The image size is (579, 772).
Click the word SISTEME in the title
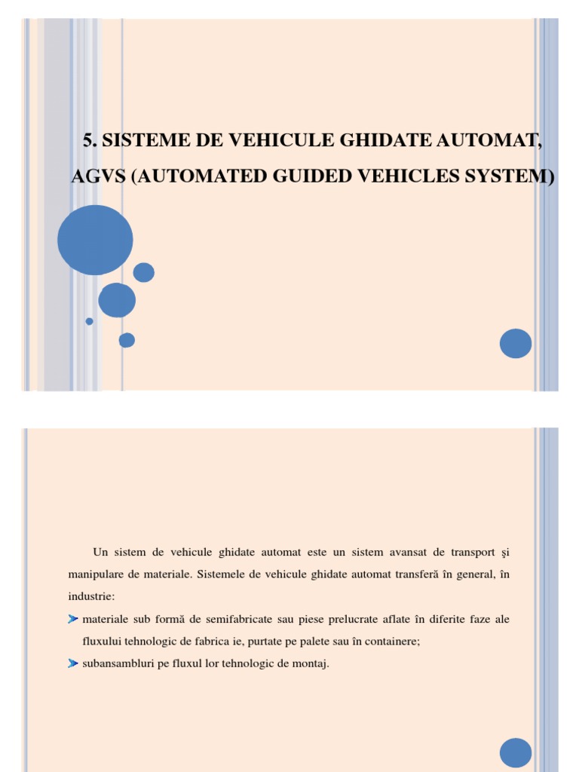pyautogui.click(x=142, y=139)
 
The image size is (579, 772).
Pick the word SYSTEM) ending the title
pyautogui.click(x=514, y=176)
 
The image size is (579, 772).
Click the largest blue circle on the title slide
pyautogui.click(x=95, y=240)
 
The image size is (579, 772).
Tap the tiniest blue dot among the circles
pyautogui.click(x=89, y=321)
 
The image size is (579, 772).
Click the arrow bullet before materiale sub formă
pyautogui.click(x=72, y=619)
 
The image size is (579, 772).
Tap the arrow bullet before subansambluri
pyautogui.click(x=72, y=663)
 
